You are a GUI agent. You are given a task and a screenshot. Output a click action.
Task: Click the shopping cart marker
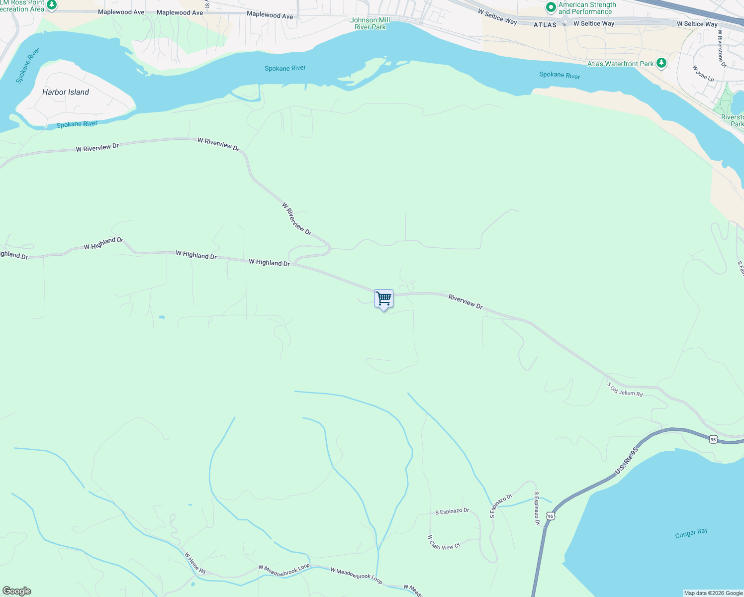(383, 299)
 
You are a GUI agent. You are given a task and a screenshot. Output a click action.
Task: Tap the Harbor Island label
(66, 92)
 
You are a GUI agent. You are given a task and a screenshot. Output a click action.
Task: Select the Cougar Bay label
(691, 533)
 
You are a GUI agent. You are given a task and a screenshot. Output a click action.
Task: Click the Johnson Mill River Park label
(370, 23)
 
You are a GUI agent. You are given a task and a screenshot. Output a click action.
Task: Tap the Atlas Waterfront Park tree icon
(661, 63)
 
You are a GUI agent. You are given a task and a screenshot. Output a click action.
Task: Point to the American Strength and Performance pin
(551, 7)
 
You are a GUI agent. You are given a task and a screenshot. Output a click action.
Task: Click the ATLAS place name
(545, 24)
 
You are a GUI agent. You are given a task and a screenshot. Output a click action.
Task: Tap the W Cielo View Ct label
(444, 542)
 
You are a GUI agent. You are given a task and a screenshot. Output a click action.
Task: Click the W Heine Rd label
(195, 563)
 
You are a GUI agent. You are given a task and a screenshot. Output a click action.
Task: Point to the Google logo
(16, 591)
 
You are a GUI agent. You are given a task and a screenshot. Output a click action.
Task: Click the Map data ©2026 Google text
(713, 593)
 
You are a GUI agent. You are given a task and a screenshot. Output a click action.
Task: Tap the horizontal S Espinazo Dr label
(452, 511)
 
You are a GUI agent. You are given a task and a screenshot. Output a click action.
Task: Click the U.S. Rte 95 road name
(626, 461)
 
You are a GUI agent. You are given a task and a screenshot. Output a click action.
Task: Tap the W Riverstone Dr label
(722, 48)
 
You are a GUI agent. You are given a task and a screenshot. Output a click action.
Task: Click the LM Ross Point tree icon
(51, 4)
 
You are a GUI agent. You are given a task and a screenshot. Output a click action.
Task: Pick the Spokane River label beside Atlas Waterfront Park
(559, 75)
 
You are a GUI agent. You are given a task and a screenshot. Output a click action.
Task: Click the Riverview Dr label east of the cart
(465, 301)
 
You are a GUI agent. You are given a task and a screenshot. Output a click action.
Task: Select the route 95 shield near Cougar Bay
(550, 516)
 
